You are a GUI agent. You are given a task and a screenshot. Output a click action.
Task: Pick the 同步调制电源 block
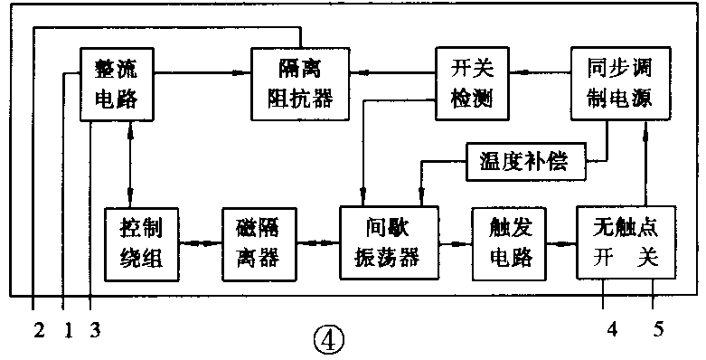(x=619, y=82)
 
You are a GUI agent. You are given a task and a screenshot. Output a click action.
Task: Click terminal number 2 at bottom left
(x=38, y=330)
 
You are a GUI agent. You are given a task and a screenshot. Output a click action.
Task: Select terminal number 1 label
(x=66, y=330)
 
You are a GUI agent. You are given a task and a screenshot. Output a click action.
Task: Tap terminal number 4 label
(x=613, y=330)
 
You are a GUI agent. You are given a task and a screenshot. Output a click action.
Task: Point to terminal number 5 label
(x=657, y=330)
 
